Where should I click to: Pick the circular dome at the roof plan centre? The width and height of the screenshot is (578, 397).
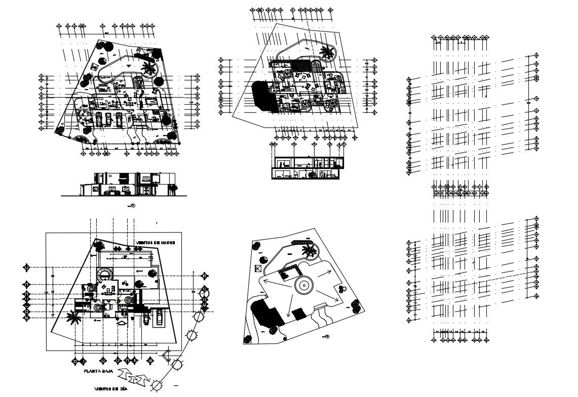[302, 286]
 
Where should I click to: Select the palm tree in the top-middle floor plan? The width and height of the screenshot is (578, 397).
[327, 53]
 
